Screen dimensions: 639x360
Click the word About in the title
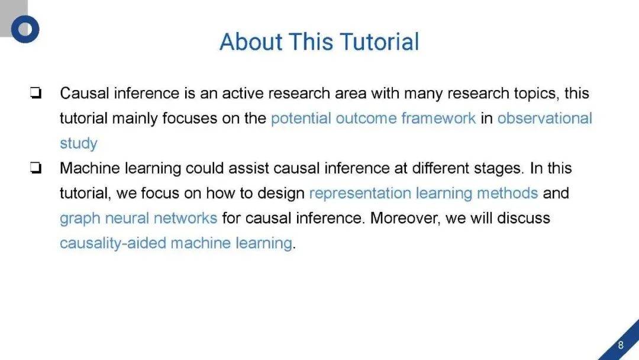pos(251,41)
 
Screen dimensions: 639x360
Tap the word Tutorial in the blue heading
pos(379,41)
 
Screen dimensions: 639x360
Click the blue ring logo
pos(25,29)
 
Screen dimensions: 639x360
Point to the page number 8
pos(621,345)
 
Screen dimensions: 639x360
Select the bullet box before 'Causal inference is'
pos(36,93)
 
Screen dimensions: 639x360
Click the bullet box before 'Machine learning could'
pos(36,168)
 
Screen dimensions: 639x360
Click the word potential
pos(301,118)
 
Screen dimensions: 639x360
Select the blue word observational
pos(544,118)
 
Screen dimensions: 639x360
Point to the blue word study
pos(79,144)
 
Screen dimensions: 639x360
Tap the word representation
pos(360,194)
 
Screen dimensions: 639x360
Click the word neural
pos(127,218)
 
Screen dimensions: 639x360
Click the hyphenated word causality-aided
pos(113,243)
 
